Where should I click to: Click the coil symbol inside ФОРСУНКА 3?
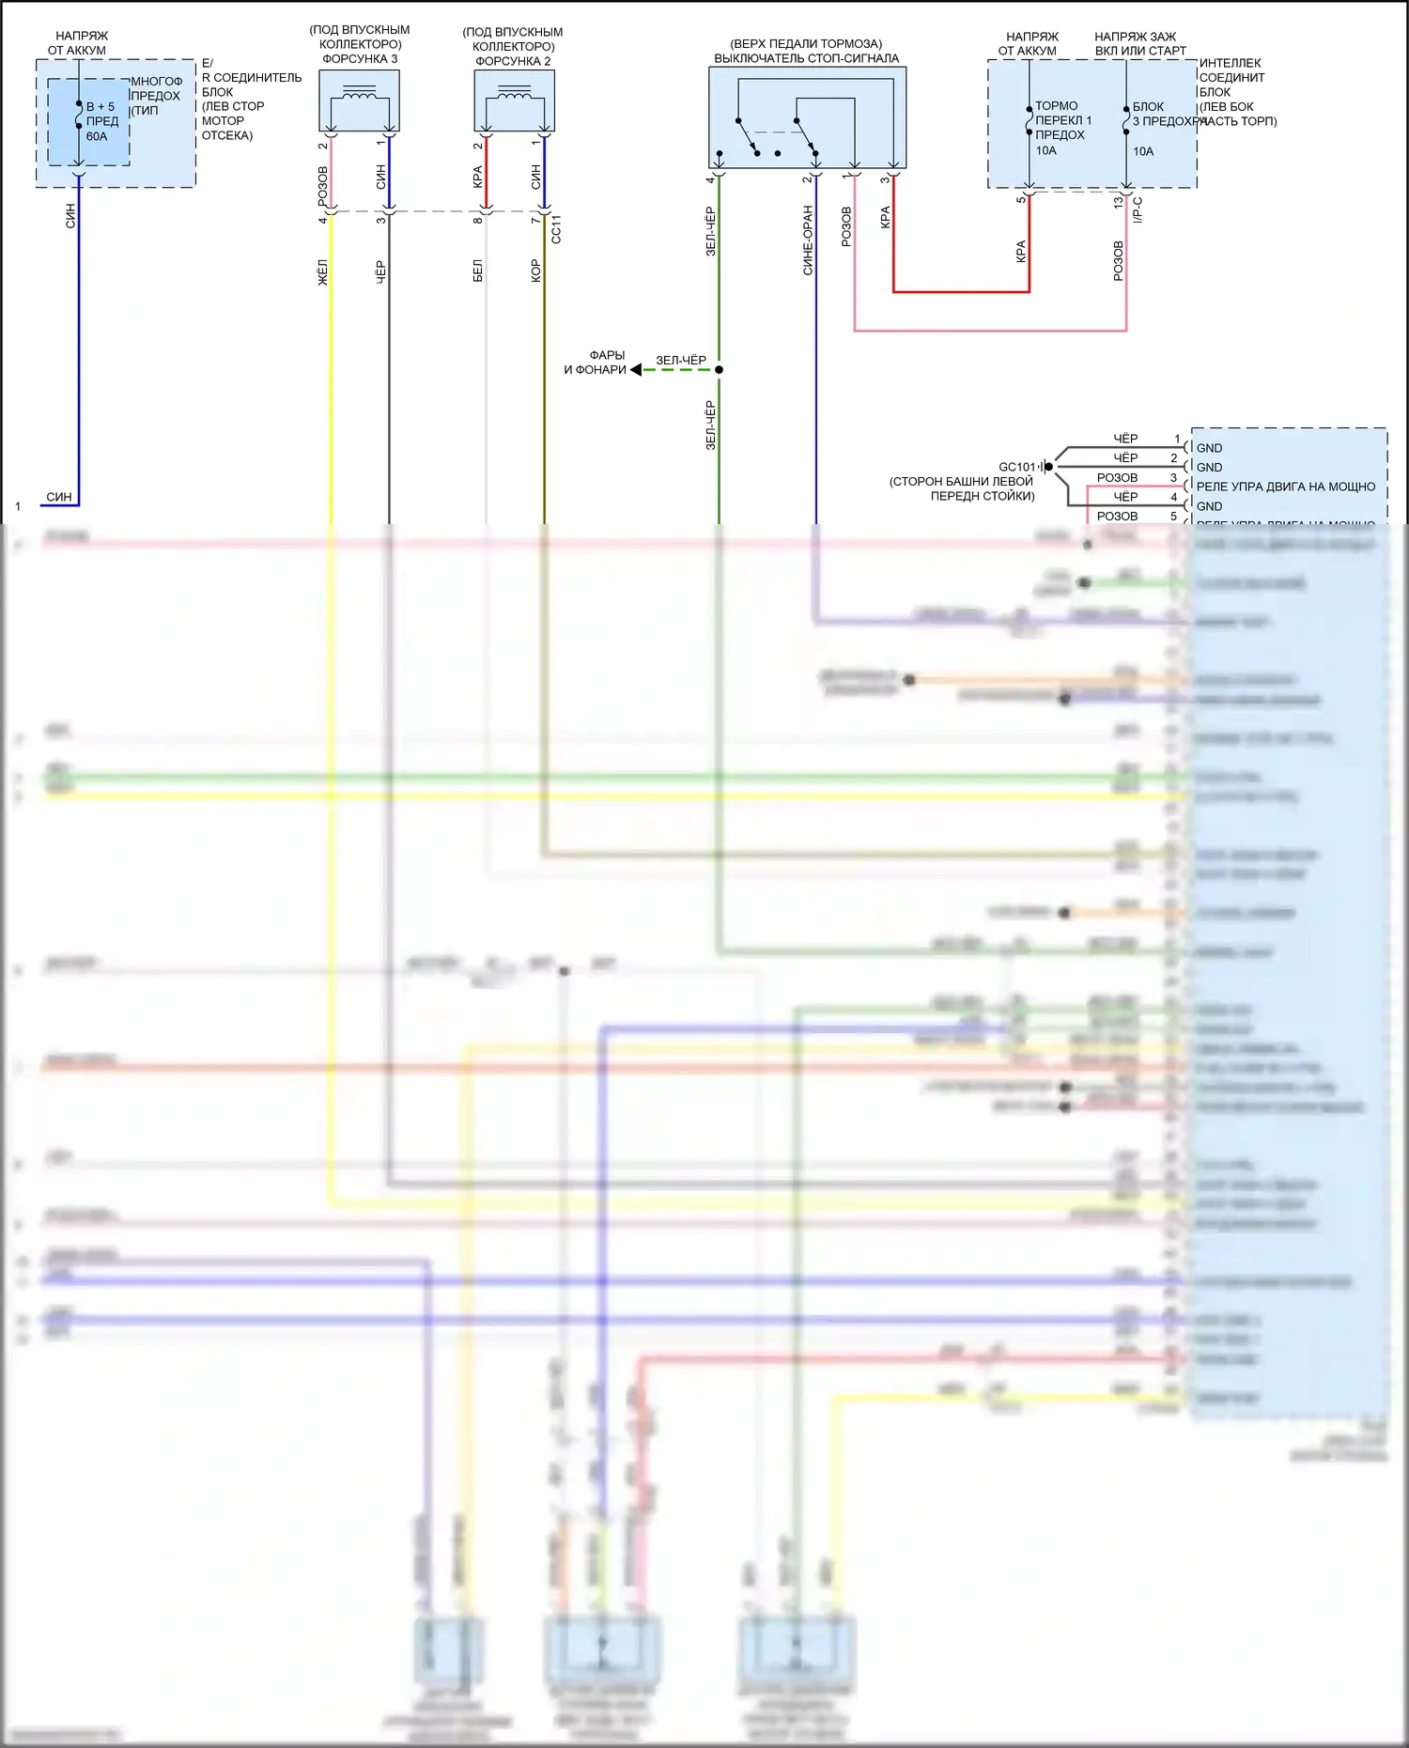click(359, 92)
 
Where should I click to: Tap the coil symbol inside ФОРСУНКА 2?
click(514, 93)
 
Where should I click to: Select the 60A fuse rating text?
click(97, 136)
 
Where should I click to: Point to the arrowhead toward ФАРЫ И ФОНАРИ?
click(636, 370)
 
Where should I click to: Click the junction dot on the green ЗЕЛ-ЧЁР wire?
click(719, 370)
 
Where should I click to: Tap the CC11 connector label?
click(556, 230)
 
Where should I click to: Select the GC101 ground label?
click(1016, 467)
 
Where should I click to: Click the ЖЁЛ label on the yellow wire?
click(323, 272)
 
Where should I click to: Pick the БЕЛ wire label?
click(477, 271)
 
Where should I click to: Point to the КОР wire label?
click(535, 271)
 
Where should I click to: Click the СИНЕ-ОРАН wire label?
click(808, 240)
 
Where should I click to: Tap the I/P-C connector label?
click(1138, 209)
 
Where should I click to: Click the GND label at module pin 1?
click(1209, 448)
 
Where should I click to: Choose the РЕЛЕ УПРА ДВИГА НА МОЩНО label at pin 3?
click(1285, 487)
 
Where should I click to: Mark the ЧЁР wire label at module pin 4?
click(1125, 497)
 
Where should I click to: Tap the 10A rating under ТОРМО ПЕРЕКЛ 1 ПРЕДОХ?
click(1045, 150)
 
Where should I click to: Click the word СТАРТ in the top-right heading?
click(1167, 51)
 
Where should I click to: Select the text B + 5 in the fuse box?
click(101, 107)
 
